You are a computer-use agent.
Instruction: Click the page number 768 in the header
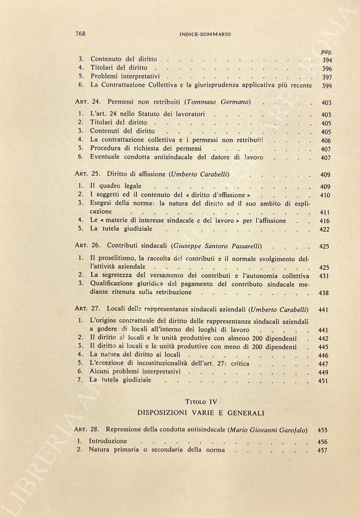coord(81,34)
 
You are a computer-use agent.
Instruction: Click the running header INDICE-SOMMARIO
coord(205,35)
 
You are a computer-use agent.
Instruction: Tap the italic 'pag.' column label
coord(326,51)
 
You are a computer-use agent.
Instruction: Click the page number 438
coord(324,293)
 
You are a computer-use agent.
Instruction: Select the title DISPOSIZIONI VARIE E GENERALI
coord(200,413)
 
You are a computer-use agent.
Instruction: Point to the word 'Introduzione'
coord(108,441)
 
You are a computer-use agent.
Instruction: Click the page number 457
coord(322,451)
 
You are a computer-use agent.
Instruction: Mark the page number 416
coord(324,221)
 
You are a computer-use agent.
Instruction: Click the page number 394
coord(327,60)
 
